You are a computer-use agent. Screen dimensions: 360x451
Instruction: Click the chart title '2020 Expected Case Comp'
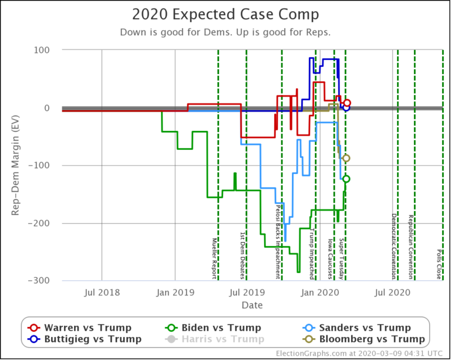coord(225,15)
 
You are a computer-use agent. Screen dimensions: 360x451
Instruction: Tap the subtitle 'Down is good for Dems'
coord(170,32)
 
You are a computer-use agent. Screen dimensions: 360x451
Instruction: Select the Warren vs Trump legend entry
coord(80,328)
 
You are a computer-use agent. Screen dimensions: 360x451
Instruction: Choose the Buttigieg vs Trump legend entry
coord(85,339)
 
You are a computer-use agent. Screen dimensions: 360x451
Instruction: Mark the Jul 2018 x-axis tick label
coord(102,292)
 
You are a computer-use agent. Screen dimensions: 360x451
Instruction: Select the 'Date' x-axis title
coord(252,305)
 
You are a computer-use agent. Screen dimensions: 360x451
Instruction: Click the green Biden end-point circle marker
coord(346,179)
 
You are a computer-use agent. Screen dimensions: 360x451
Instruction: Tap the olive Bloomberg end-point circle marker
coord(346,158)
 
